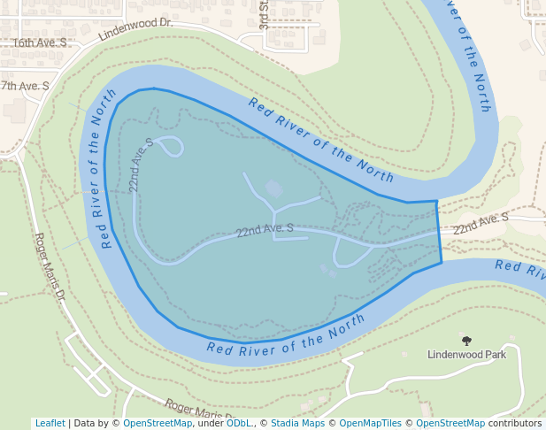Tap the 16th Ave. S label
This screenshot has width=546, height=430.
pyautogui.click(x=39, y=42)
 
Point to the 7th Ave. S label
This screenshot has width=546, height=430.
pyautogui.click(x=25, y=86)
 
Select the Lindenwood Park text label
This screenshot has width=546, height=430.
pyautogui.click(x=466, y=355)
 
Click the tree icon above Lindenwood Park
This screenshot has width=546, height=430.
pyautogui.click(x=466, y=341)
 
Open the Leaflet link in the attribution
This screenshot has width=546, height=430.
pyautogui.click(x=50, y=424)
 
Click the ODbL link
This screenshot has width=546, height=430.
pyautogui.click(x=239, y=424)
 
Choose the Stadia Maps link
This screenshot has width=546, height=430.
pyautogui.click(x=297, y=424)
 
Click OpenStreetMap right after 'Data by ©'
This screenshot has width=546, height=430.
pyautogui.click(x=158, y=424)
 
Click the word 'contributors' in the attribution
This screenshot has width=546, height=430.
pyautogui.click(x=514, y=424)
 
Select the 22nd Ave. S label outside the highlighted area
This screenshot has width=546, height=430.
pyautogui.click(x=481, y=224)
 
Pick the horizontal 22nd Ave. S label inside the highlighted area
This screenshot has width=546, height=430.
pyautogui.click(x=265, y=231)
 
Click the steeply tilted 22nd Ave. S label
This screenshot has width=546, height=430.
pyautogui.click(x=141, y=165)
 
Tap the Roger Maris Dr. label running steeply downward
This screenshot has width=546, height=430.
pyautogui.click(x=50, y=265)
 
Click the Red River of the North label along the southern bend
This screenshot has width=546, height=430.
pyautogui.click(x=286, y=339)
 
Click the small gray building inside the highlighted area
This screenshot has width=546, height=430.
pyautogui.click(x=274, y=188)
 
